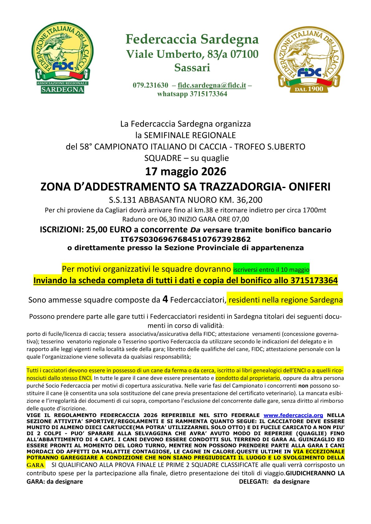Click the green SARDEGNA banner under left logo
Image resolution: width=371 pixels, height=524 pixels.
62,90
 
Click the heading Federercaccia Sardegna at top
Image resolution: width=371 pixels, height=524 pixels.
192,39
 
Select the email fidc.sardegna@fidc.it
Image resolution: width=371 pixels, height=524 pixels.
212,85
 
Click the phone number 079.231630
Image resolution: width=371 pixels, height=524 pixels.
150,85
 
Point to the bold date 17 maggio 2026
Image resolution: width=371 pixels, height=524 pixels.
185,172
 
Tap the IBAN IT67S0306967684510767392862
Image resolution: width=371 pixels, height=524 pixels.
185,239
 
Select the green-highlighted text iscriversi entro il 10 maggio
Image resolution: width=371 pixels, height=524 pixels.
271,270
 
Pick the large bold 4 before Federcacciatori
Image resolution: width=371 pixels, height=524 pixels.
165,299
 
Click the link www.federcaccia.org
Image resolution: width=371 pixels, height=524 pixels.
293,415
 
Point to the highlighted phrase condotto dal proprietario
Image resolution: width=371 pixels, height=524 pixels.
248,378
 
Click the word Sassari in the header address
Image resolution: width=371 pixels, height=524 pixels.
192,68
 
